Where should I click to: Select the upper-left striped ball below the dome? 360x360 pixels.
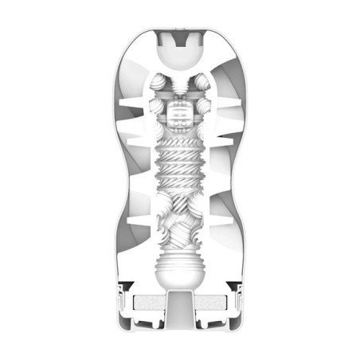(160, 83)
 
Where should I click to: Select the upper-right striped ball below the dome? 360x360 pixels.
(200, 83)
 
